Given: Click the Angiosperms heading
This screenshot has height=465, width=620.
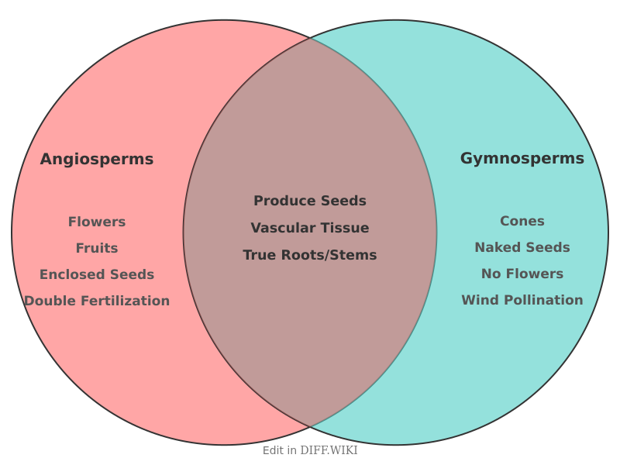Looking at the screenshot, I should pos(97,160).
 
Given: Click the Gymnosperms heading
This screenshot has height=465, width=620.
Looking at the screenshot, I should pos(522,159).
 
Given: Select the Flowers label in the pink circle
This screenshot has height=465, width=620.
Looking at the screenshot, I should pos(97,222).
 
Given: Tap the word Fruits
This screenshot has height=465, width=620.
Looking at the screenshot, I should pos(97,249).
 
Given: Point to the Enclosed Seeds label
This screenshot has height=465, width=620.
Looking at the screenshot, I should pos(97,275).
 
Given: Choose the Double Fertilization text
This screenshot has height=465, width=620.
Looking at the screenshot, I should pos(97,301).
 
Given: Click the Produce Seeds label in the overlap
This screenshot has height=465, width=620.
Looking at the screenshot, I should pos(310,201).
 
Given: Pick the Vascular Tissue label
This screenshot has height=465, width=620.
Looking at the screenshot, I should pos(310,229).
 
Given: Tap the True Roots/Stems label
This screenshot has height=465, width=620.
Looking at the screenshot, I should pos(310,256).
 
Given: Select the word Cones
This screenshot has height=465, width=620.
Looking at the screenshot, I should pos(522,222).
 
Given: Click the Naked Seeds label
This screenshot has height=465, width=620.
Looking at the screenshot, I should pos(522,248).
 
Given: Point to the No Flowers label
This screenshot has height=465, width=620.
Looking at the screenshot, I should pos(522,274).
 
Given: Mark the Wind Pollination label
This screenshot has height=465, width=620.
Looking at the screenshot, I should pos(522,301).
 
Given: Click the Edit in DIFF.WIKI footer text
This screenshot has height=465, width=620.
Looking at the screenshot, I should pos(310,450).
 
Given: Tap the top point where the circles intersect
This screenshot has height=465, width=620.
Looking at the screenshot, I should pos(310,38).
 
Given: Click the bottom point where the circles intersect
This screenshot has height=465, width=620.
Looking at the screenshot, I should pos(310,427).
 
